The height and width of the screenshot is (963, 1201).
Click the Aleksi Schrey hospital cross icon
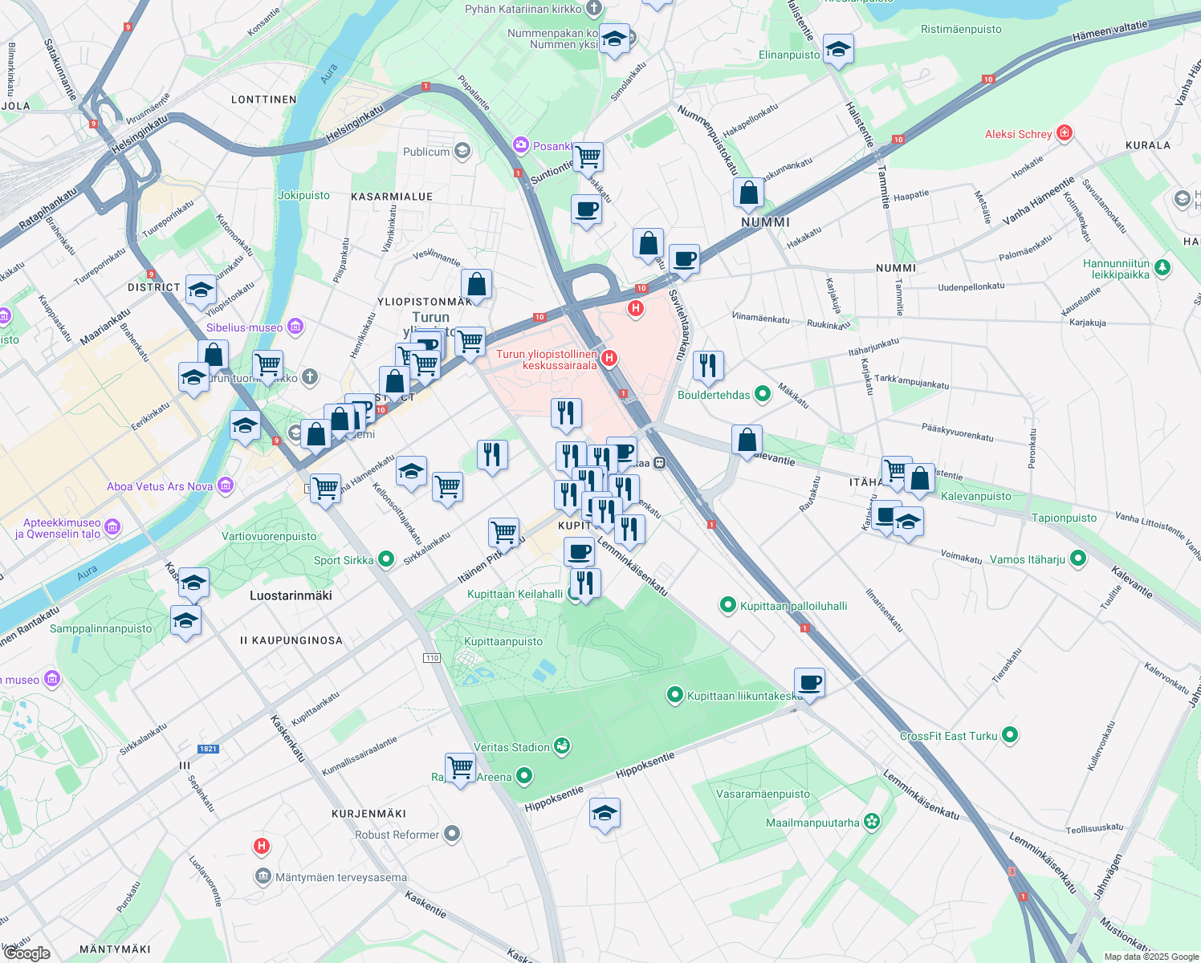(1065, 133)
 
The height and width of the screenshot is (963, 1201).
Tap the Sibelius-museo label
(244, 327)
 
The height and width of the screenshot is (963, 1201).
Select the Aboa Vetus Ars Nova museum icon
(226, 486)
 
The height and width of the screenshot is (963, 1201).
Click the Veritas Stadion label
(511, 747)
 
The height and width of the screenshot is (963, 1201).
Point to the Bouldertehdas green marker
(763, 394)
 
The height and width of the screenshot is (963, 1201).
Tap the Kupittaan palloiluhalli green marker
(728, 605)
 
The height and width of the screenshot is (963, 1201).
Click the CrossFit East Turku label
(948, 736)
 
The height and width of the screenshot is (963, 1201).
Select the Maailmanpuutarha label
(812, 823)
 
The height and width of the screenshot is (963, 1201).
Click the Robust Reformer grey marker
(452, 834)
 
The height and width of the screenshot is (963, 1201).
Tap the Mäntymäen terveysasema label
(341, 877)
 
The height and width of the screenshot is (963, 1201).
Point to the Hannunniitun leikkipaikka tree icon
(1162, 268)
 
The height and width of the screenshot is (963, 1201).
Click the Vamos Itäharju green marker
(1078, 559)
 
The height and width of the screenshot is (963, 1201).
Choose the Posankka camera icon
(521, 145)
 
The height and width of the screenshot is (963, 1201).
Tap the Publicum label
(426, 152)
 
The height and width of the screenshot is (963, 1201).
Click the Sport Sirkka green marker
(386, 559)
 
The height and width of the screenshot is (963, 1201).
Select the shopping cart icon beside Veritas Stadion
(460, 767)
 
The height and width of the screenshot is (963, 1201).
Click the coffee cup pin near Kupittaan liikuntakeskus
(809, 682)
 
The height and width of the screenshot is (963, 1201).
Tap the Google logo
(26, 953)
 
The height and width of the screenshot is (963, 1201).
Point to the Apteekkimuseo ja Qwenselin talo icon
(113, 527)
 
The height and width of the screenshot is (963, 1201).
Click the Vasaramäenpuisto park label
(763, 794)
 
